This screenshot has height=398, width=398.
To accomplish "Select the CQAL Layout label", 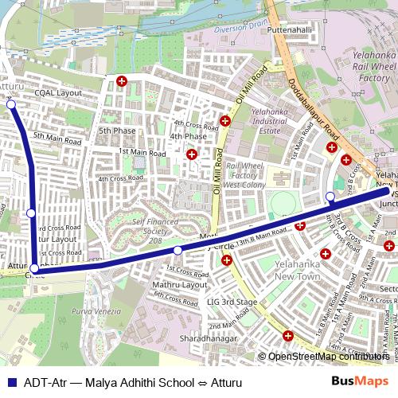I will click(58, 93).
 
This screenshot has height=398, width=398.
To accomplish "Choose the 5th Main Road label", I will click(57, 139).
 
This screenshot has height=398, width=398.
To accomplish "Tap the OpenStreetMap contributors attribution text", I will click(328, 357).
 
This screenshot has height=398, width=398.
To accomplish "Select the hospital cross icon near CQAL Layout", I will click(122, 81).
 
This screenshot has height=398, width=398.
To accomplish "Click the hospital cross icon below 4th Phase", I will click(191, 154).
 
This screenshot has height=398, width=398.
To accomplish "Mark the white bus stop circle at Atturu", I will click(10, 103).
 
